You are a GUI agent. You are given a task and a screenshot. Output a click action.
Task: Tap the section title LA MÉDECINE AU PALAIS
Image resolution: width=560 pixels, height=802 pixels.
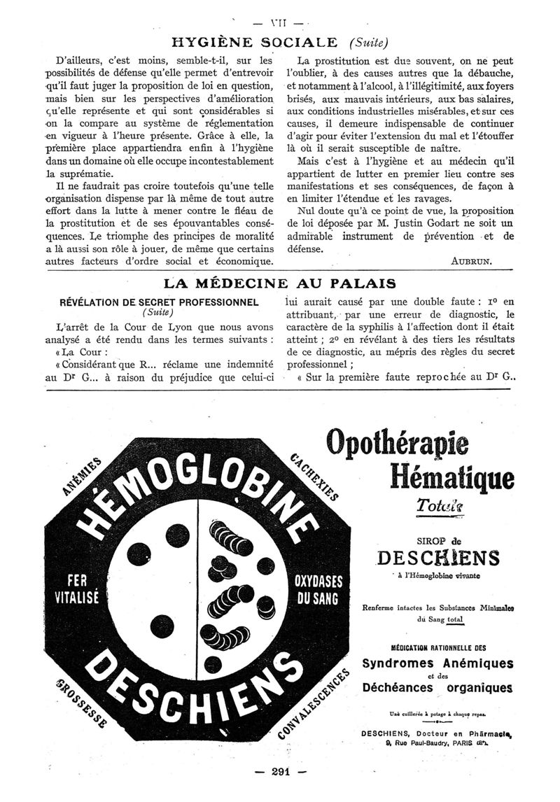[x=279, y=283]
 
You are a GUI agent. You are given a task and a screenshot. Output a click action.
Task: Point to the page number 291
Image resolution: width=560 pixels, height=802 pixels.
[x=279, y=772]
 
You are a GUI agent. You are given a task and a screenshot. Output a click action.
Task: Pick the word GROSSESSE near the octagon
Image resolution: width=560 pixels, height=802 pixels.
[x=78, y=701]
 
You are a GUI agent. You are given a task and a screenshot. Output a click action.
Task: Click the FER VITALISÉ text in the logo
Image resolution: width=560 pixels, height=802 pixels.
[x=76, y=590]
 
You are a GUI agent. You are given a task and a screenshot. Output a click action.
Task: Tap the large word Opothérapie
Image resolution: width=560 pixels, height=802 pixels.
[x=398, y=443]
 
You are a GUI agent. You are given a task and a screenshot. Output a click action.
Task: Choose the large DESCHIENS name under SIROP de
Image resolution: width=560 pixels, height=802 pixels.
[x=438, y=558]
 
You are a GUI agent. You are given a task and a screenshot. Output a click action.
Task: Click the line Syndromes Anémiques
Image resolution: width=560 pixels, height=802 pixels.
[x=437, y=663]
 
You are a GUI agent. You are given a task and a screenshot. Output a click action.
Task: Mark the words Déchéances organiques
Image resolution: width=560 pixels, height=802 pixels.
[x=437, y=688]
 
